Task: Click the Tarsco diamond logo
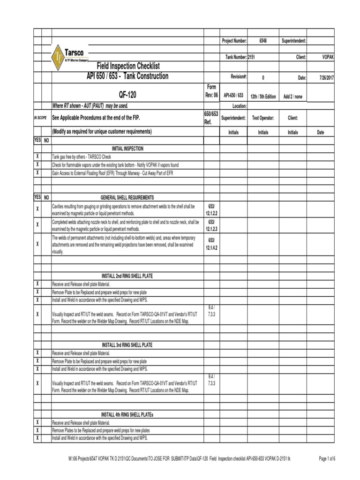(59, 57)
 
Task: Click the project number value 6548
(263, 41)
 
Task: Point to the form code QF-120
(127, 96)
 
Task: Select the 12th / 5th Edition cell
(263, 97)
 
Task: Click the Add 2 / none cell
(293, 97)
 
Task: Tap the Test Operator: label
(263, 119)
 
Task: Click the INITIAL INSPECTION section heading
(127, 149)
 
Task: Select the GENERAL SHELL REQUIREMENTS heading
(127, 197)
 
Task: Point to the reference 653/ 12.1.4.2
(211, 243)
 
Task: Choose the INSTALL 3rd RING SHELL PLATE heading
(127, 345)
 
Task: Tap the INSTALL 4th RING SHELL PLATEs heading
(127, 414)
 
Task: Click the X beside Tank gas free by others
(37, 157)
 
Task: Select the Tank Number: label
(234, 57)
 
